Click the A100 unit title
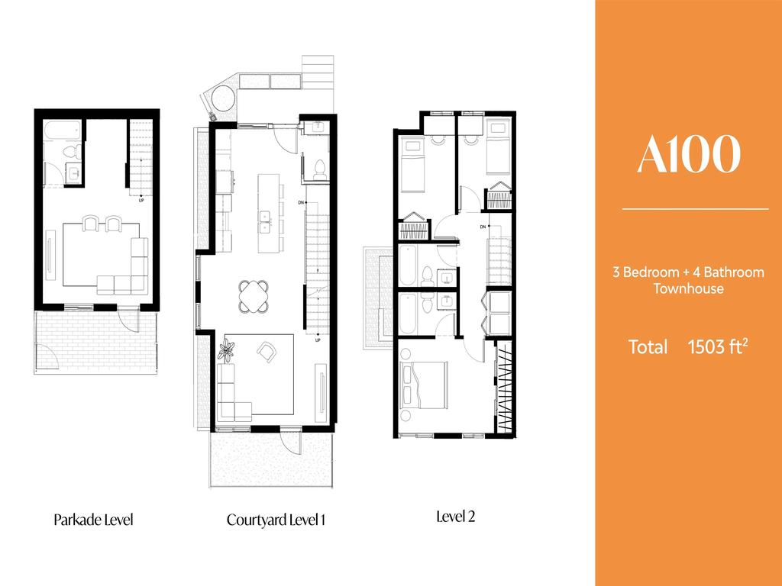pos(688,154)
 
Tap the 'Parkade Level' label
pos(94,520)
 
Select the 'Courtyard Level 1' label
pos(276,520)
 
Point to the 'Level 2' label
pos(455,517)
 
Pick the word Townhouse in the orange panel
pos(688,288)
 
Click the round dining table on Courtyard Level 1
pos(254,297)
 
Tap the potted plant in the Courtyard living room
pos(227,349)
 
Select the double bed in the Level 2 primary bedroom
pos(423,385)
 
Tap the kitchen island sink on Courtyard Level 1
pos(265,222)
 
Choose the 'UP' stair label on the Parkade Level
pos(141,201)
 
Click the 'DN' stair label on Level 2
pos(483,227)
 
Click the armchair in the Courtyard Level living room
pos(267,351)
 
